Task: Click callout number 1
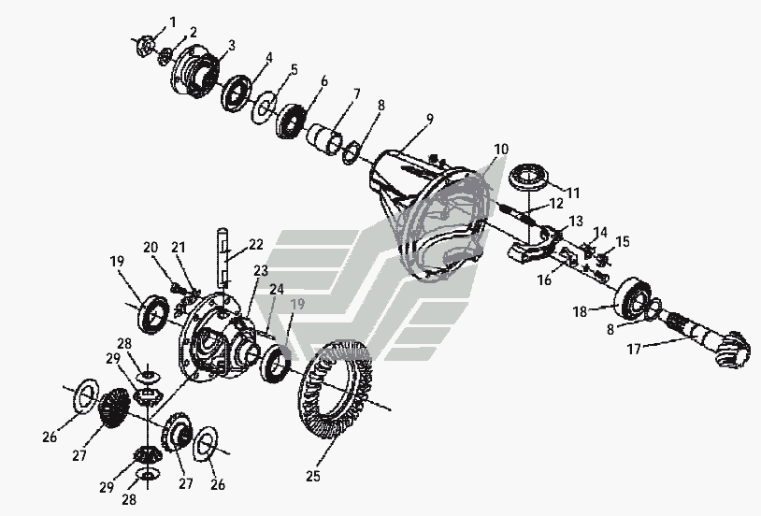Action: coord(172,21)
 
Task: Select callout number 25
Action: coord(313,477)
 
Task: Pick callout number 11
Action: coord(572,193)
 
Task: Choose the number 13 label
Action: coord(575,220)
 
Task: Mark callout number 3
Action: coord(230,44)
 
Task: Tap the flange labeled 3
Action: coord(194,72)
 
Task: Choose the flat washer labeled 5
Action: coord(265,105)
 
